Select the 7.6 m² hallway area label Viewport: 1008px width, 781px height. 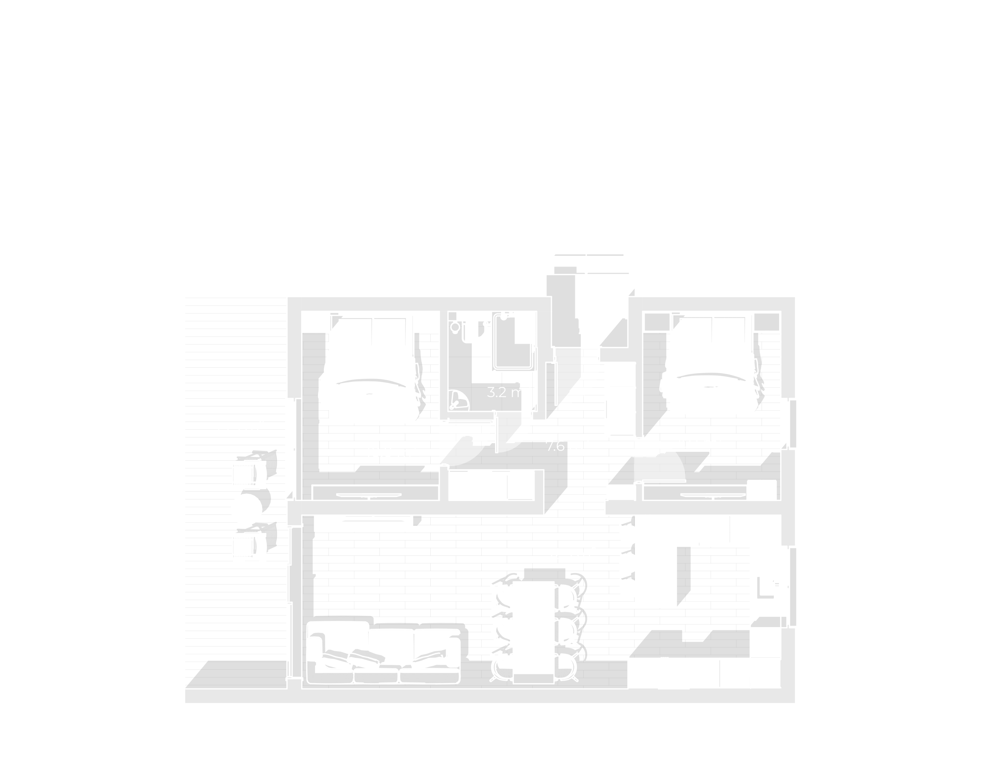tap(567, 446)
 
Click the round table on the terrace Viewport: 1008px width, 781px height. tap(246, 509)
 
